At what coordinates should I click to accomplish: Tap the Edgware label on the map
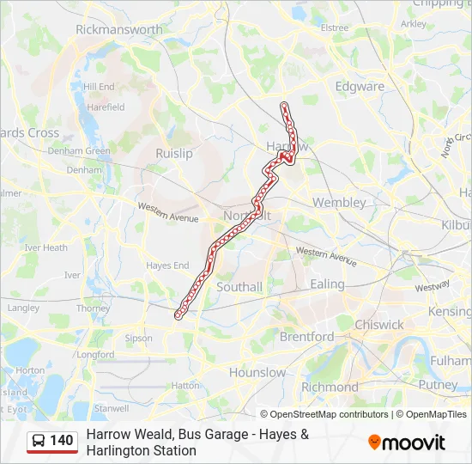360,87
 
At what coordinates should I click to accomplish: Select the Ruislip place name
174,153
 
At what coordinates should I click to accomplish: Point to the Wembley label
339,203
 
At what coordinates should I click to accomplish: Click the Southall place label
239,287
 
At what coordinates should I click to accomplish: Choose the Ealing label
327,284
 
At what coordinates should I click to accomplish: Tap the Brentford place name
306,337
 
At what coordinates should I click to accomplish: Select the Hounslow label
257,373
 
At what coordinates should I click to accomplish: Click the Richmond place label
330,388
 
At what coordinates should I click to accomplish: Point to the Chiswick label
378,325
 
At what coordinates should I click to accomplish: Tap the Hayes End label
167,266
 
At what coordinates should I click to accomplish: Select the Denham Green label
79,151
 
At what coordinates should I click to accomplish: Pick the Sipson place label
139,339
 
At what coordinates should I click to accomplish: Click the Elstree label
334,27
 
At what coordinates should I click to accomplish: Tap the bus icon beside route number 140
39,442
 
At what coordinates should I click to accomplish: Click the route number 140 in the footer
62,442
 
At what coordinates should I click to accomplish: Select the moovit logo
407,443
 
